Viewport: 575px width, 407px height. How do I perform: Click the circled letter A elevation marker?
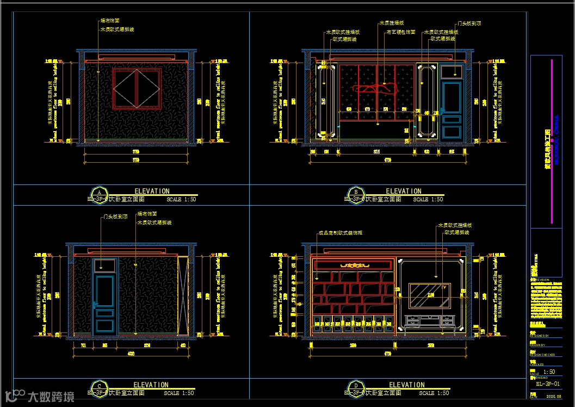tap(99, 193)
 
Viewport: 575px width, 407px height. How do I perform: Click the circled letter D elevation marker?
tap(355, 386)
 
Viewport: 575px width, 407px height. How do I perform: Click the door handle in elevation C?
tap(96, 303)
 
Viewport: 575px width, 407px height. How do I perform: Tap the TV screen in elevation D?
tap(429, 295)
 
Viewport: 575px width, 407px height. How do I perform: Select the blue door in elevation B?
tap(452, 109)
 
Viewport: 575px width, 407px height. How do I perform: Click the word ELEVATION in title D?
tap(407, 385)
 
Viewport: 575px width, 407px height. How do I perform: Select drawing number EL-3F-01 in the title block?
tap(546, 384)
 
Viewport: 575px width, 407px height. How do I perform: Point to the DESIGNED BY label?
tap(540, 336)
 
